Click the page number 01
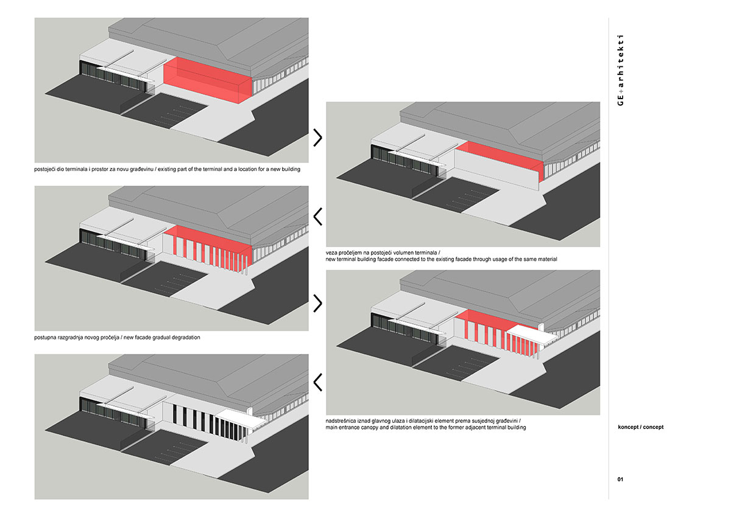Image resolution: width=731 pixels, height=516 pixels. point(620,479)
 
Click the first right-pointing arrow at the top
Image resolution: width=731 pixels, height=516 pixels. point(317,138)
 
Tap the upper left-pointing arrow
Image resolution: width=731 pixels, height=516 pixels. point(317,216)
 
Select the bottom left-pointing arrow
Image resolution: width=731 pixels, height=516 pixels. point(317,382)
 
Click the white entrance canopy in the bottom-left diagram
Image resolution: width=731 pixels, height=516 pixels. point(241,419)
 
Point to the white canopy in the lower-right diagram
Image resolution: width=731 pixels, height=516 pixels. point(533,334)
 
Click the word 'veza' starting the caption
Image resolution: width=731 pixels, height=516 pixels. point(333,252)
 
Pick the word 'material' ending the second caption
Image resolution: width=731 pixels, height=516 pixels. point(545,259)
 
